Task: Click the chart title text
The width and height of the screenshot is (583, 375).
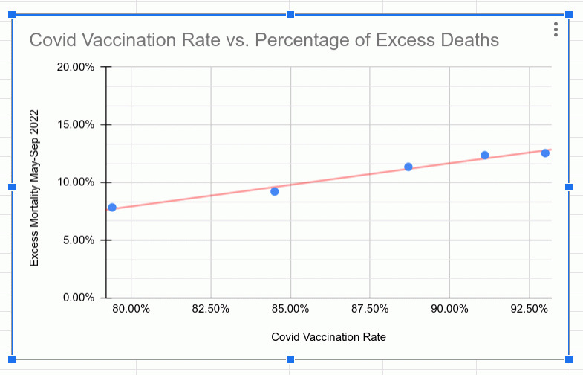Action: [x=264, y=39]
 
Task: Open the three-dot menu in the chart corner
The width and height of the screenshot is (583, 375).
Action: [x=556, y=30]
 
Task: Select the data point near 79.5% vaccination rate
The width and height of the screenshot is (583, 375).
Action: [x=112, y=208]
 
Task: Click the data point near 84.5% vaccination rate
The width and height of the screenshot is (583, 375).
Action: [x=275, y=191]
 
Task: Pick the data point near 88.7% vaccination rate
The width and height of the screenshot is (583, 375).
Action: [x=408, y=167]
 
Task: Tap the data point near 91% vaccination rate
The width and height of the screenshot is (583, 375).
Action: [x=485, y=156]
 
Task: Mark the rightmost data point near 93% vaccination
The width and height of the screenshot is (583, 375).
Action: [x=545, y=153]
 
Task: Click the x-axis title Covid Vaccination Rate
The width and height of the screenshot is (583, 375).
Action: [x=328, y=337]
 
